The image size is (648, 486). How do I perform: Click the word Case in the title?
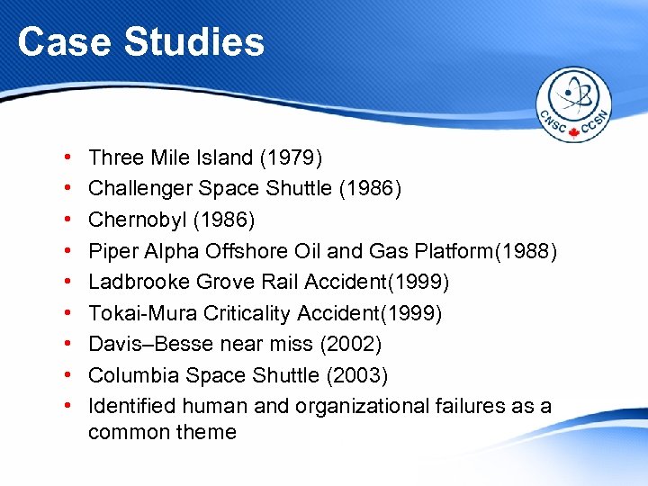pyautogui.click(x=57, y=41)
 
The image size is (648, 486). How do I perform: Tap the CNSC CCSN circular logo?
pyautogui.click(x=574, y=105)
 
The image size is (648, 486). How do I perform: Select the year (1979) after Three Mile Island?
pyautogui.click(x=291, y=158)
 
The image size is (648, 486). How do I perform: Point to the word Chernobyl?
pyautogui.click(x=131, y=220)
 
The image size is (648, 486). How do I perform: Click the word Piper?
pyautogui.click(x=112, y=251)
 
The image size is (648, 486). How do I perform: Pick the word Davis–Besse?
pyautogui.click(x=147, y=344)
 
